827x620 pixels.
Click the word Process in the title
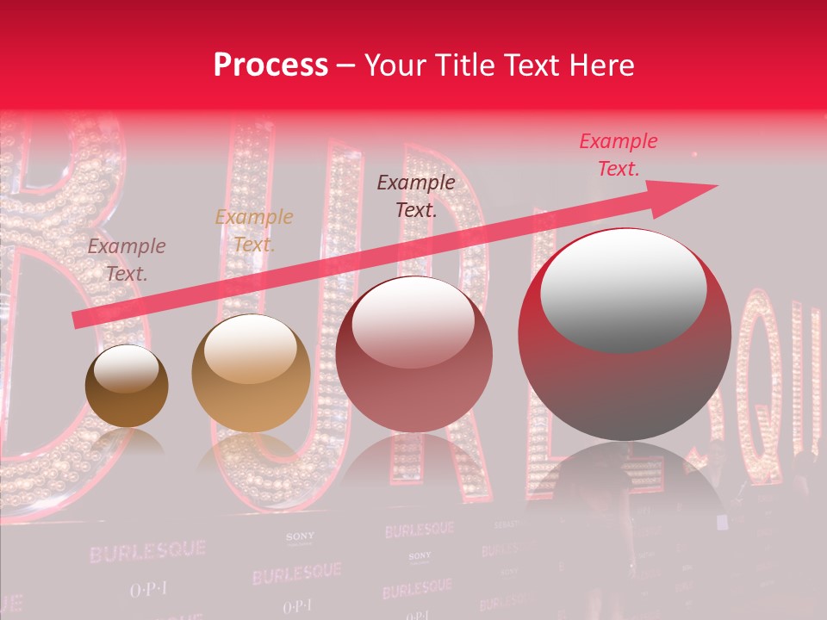pos(270,65)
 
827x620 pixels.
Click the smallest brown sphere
pos(127,386)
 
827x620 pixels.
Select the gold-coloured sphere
pos(250,374)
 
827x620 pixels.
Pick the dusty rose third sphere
pos(413,354)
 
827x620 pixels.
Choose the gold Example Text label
pos(254,231)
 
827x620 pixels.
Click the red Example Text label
pos(619,155)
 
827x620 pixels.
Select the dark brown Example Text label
pos(416,195)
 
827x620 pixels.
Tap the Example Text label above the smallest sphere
pos(127,260)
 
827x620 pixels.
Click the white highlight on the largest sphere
pos(623,289)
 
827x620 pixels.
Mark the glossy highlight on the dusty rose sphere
pos(412,322)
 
